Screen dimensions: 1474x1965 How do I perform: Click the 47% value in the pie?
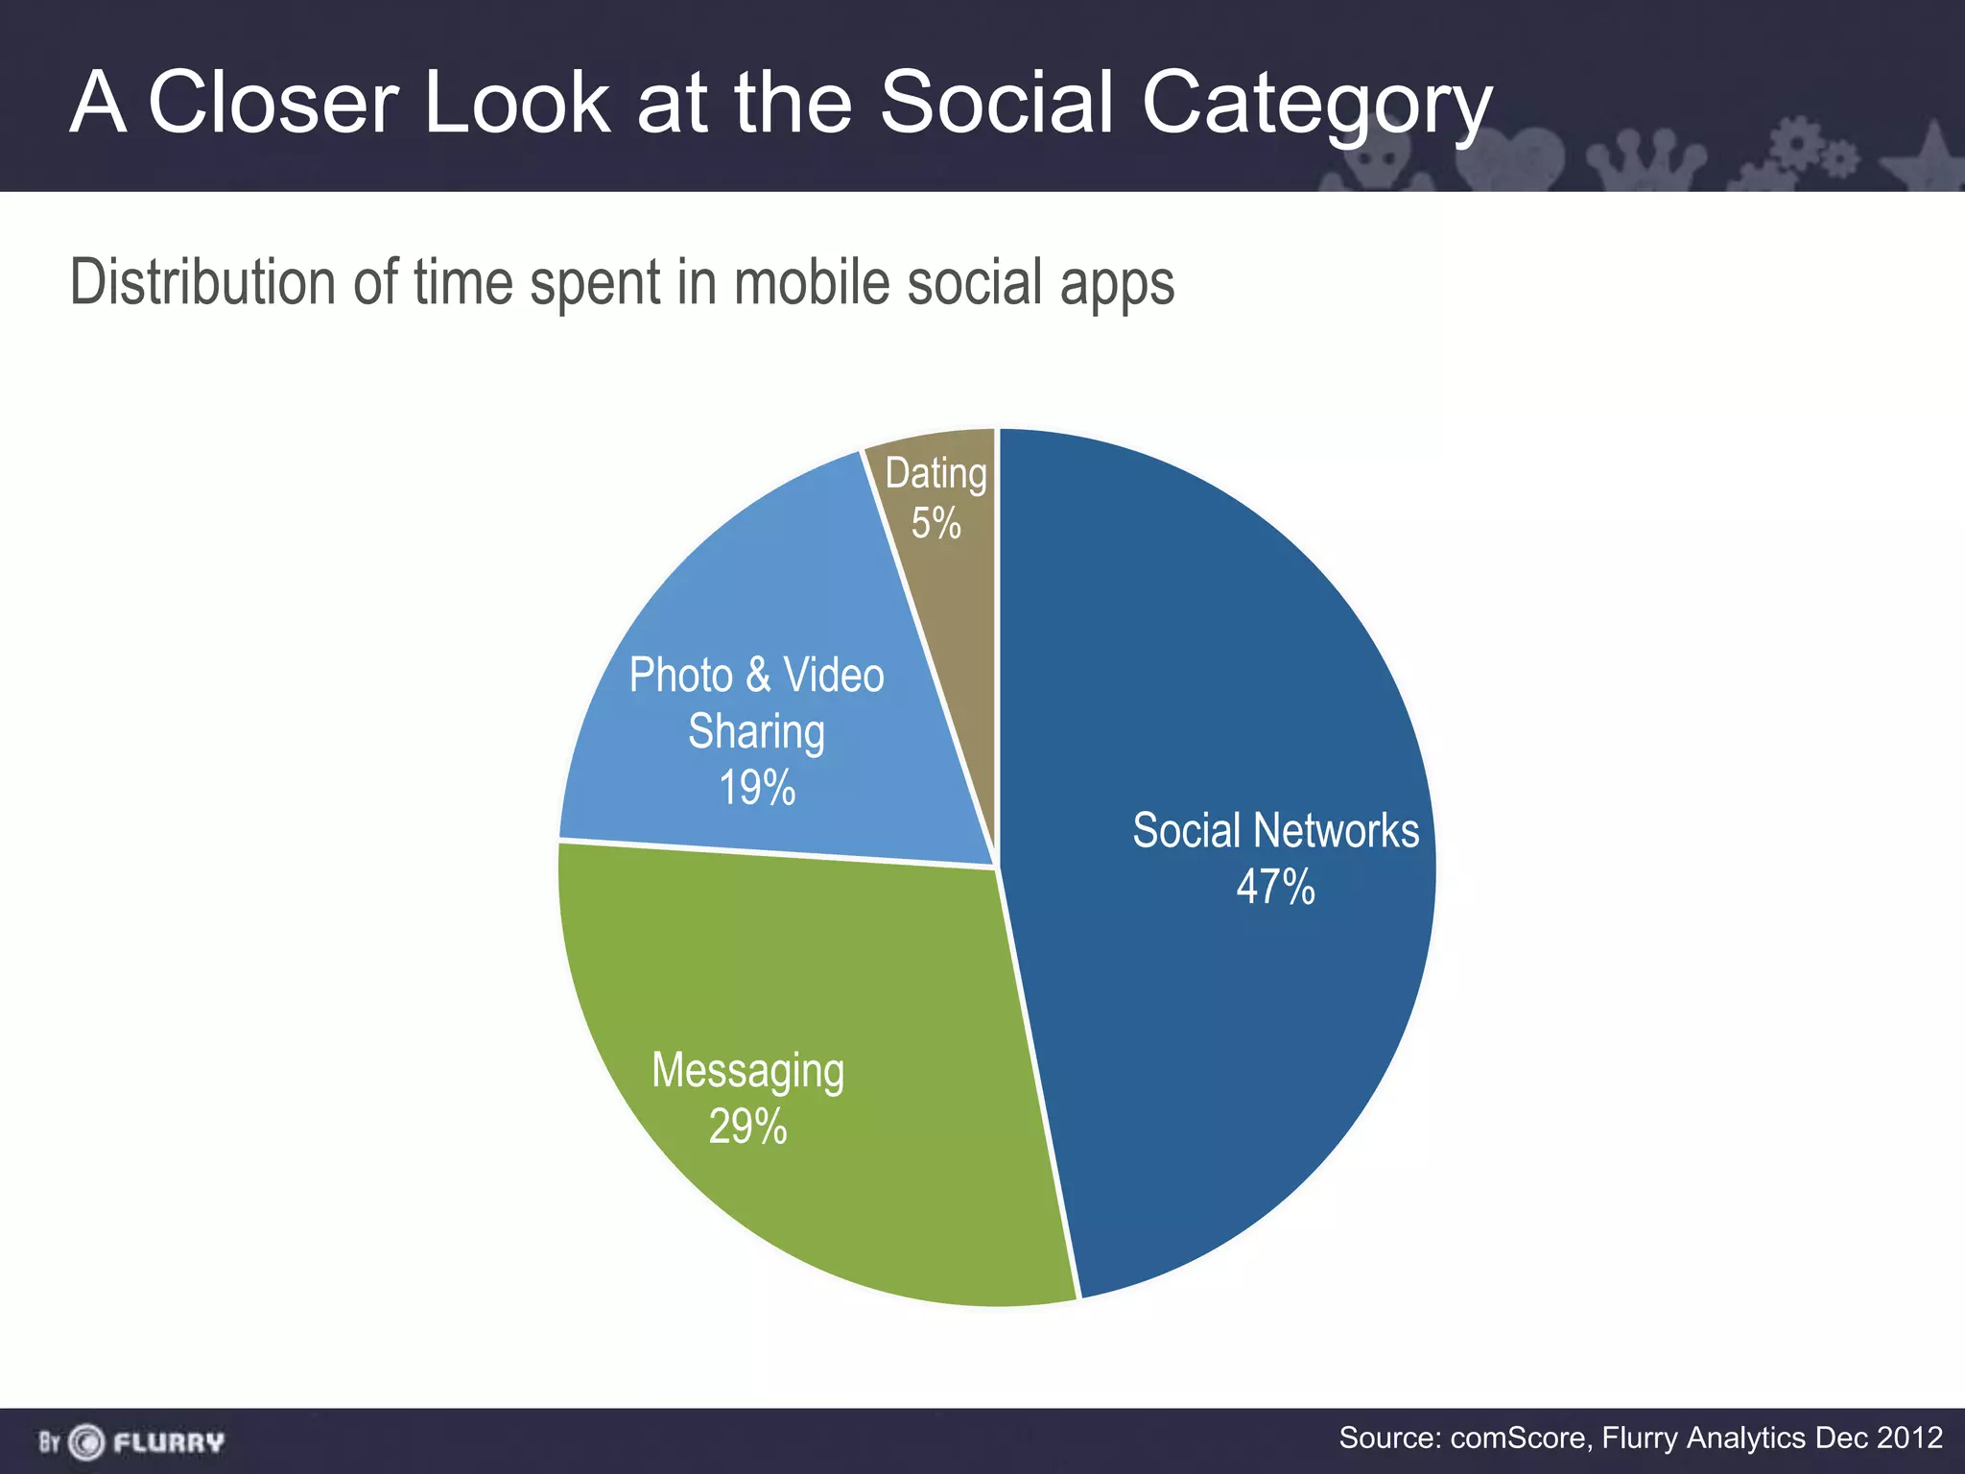1274,887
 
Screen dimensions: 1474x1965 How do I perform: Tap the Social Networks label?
1274,830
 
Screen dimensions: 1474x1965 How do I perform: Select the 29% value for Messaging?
747,1127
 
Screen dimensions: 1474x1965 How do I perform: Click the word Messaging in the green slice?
747,1071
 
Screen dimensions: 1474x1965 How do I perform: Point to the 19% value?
757,788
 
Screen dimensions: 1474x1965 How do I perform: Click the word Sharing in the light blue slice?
757,732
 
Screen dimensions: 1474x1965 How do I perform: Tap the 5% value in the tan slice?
935,524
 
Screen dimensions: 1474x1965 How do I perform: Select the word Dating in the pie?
935,474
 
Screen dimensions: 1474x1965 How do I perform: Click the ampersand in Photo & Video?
758,675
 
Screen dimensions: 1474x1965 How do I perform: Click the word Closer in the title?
272,103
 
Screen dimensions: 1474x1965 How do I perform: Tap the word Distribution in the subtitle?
202,282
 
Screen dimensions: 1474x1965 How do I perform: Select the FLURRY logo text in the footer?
169,1442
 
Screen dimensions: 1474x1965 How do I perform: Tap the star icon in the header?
1929,158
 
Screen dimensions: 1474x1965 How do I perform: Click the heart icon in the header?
1510,158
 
